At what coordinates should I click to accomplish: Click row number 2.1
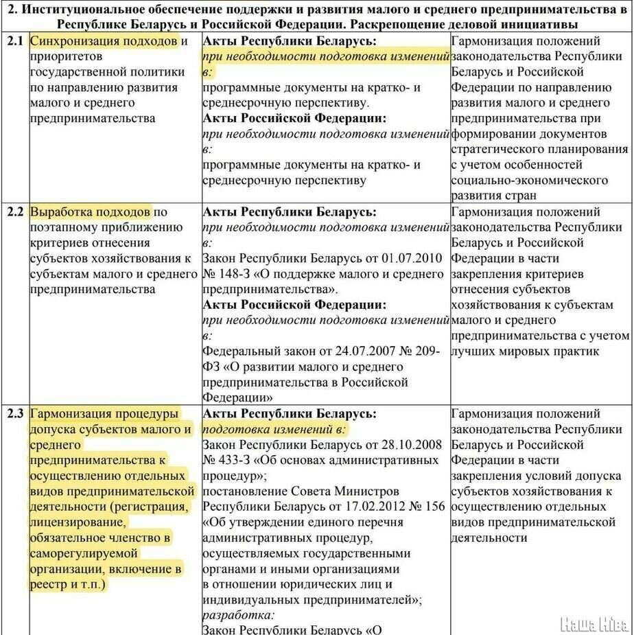[14, 41]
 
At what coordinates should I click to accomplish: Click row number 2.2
[14, 211]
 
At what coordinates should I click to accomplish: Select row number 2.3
[14, 414]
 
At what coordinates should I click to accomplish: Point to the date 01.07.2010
[409, 259]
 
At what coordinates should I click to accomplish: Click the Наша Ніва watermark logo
[594, 623]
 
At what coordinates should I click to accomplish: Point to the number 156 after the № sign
[434, 507]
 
